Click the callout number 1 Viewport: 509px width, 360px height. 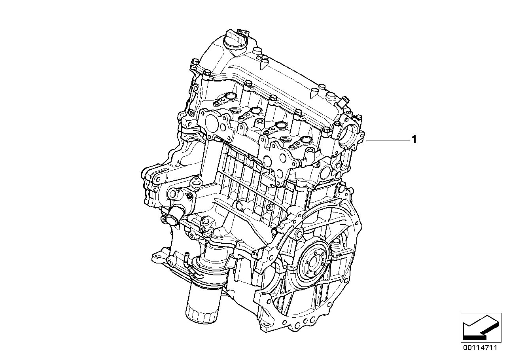[x=414, y=140]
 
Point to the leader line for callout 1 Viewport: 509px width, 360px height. [x=388, y=140]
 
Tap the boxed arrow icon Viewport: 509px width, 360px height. [x=481, y=328]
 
